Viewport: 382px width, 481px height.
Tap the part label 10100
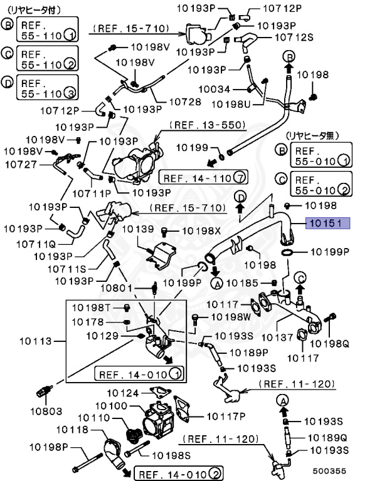tap(111, 406)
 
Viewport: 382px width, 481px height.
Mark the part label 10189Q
tap(329, 437)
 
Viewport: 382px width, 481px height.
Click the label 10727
tap(21, 164)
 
